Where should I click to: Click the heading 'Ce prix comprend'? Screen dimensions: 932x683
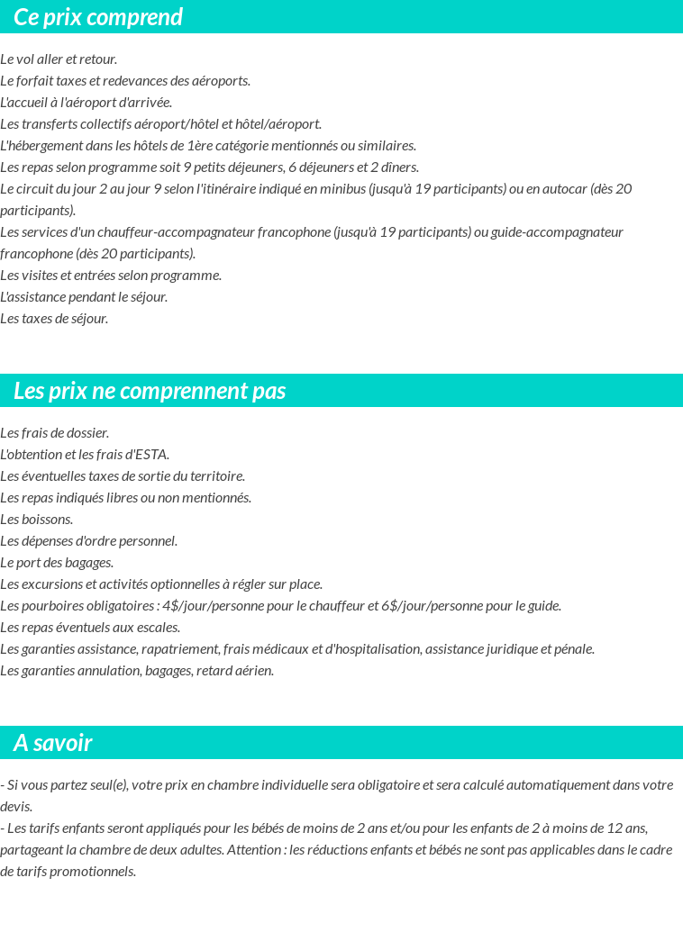click(x=98, y=17)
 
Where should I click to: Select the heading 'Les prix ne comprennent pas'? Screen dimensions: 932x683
click(x=150, y=391)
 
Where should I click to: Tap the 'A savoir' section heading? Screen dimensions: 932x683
click(x=53, y=743)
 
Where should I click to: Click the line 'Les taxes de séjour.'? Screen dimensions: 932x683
click(x=54, y=319)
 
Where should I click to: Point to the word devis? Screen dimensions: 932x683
click(x=16, y=807)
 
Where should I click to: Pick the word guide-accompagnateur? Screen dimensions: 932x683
click(x=550, y=232)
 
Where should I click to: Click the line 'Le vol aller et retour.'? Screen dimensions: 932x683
click(x=59, y=59)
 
